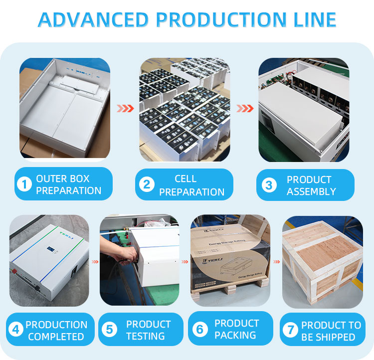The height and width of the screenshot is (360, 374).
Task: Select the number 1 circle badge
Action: tap(24, 184)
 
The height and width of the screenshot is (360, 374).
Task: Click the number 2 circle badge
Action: tap(146, 185)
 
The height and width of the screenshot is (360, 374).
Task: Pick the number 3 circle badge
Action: tap(269, 185)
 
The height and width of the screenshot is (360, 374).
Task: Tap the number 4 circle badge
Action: tap(16, 330)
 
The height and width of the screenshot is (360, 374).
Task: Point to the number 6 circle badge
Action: tap(200, 329)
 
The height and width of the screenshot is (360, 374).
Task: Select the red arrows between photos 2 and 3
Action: tap(245, 108)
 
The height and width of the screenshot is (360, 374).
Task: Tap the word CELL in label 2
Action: tap(186, 179)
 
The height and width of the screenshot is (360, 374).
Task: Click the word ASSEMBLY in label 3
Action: tap(311, 191)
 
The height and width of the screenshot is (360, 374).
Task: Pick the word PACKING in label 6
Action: tap(237, 336)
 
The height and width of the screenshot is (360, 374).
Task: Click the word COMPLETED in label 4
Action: tap(56, 337)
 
